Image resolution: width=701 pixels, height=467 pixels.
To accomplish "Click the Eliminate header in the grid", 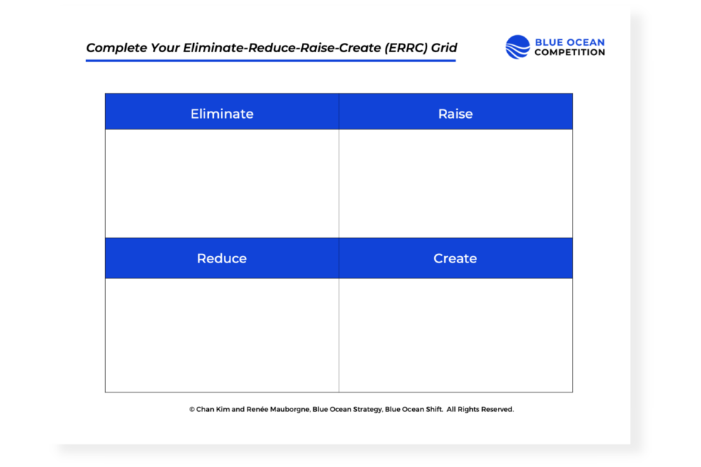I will [222, 114].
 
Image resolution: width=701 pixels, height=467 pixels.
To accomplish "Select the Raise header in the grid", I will [455, 114].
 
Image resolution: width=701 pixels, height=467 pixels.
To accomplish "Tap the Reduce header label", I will [222, 258].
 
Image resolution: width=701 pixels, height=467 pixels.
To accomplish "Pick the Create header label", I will [455, 258].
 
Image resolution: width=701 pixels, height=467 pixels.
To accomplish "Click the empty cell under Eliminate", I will [222, 183].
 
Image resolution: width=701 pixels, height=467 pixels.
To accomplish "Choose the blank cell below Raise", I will [455, 183].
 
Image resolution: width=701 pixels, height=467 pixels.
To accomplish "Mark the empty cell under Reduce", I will [222, 335].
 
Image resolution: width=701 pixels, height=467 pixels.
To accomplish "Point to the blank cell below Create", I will [455, 335].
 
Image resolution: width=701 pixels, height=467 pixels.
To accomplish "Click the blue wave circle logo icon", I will [518, 47].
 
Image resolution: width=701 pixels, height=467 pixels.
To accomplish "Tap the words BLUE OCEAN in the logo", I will [569, 42].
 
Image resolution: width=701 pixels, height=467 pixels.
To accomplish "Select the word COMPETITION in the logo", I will [569, 52].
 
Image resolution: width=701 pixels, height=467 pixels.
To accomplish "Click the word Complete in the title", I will [114, 49].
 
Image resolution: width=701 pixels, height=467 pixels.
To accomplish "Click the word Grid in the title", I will [444, 49].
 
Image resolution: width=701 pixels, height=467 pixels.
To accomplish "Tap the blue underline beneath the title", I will [270, 61].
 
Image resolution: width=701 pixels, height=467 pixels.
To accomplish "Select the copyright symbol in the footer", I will [192, 410].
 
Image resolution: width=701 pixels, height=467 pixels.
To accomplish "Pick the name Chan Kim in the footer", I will [214, 410].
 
